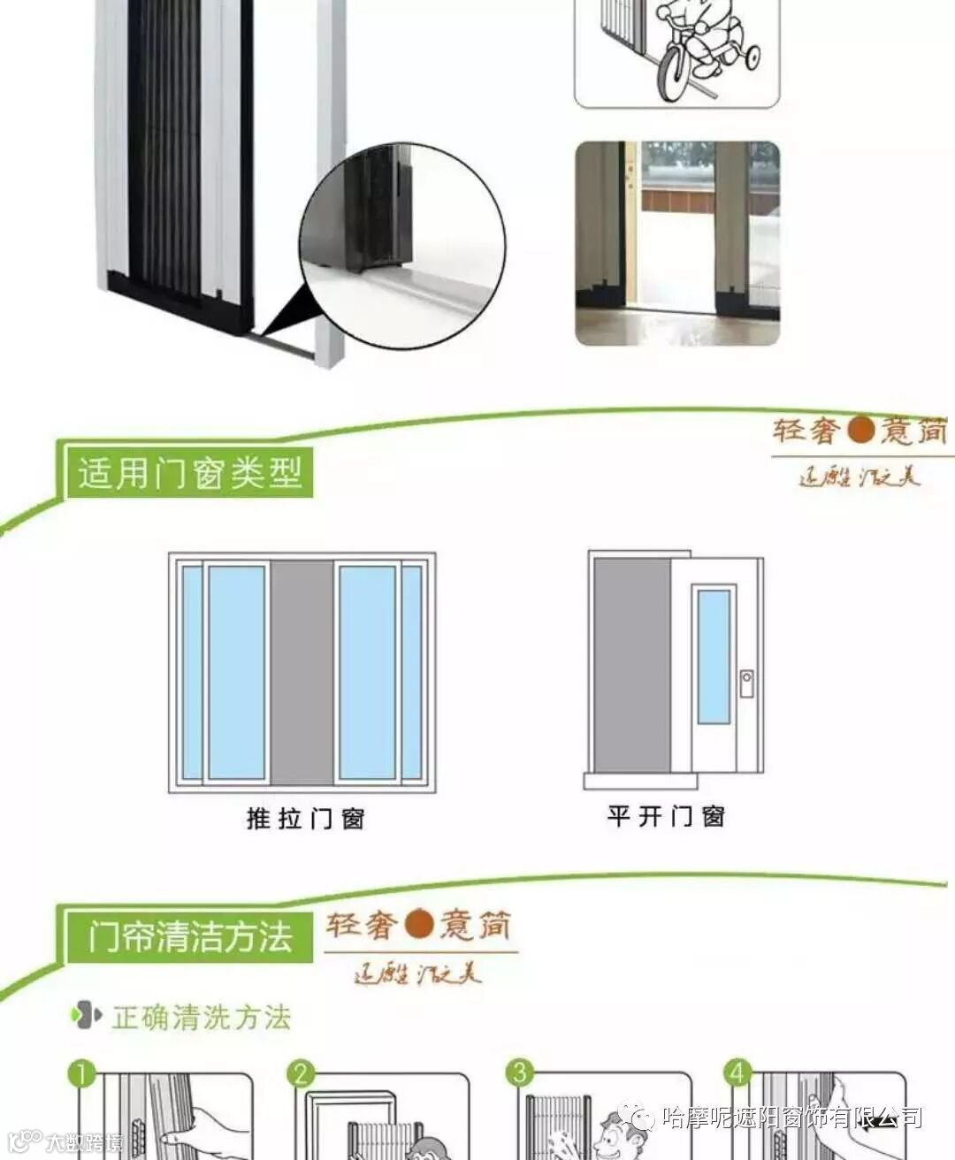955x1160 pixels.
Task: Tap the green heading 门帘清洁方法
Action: [x=189, y=936]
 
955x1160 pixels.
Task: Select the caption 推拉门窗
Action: [x=305, y=818]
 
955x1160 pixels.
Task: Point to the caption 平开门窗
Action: [x=666, y=815]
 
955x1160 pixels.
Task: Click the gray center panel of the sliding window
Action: [x=302, y=672]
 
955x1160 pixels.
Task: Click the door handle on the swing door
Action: [x=746, y=683]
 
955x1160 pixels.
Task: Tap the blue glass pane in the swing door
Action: [x=714, y=655]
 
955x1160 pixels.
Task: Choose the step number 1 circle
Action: [x=81, y=1074]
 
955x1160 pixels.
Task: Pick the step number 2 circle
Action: [x=301, y=1074]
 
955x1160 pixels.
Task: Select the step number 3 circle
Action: [x=519, y=1073]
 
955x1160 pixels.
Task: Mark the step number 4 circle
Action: [x=737, y=1073]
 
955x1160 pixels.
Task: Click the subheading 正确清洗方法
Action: [x=202, y=1018]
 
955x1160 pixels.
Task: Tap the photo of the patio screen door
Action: [x=677, y=243]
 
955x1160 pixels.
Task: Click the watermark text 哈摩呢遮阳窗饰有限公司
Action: [x=791, y=1117]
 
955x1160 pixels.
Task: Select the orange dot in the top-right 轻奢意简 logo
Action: [x=860, y=430]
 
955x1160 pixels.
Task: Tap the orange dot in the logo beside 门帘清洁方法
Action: [x=419, y=925]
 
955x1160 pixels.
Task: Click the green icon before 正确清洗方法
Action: [x=86, y=1016]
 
